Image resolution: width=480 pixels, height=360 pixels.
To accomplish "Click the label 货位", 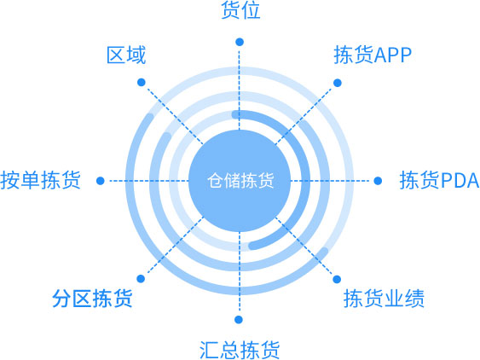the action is (240, 9).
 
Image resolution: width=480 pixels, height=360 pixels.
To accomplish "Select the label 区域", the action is (126, 55).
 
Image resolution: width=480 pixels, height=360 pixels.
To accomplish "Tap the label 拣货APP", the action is (373, 55).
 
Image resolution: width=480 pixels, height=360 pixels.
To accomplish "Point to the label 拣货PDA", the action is (439, 180).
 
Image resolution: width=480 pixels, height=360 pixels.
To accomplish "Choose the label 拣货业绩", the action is (384, 298).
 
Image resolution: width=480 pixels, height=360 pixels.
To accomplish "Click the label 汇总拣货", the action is (240, 350).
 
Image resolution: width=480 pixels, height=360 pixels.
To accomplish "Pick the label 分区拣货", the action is (92, 298).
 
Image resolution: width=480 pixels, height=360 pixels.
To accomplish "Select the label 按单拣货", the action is (40, 180).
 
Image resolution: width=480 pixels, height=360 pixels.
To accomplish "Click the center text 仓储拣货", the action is (240, 180).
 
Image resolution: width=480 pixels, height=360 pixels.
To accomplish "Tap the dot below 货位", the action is (240, 42).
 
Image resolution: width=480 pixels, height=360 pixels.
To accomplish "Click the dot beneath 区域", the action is (142, 82).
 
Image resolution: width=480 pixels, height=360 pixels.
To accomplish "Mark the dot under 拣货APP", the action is (338, 83).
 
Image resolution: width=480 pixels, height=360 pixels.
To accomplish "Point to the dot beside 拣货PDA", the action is (378, 181).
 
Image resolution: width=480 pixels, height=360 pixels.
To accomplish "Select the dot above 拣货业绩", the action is (337, 279).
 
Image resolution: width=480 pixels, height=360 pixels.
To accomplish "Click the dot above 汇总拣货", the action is (239, 320).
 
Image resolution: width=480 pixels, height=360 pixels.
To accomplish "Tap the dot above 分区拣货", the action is (141, 278).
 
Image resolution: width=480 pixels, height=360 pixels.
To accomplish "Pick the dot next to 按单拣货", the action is (101, 181).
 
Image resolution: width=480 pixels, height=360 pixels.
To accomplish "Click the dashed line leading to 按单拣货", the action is (149, 181).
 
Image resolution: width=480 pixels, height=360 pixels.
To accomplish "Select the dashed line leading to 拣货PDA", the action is (330, 181).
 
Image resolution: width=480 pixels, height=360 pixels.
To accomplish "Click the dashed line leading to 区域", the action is (175, 116).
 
